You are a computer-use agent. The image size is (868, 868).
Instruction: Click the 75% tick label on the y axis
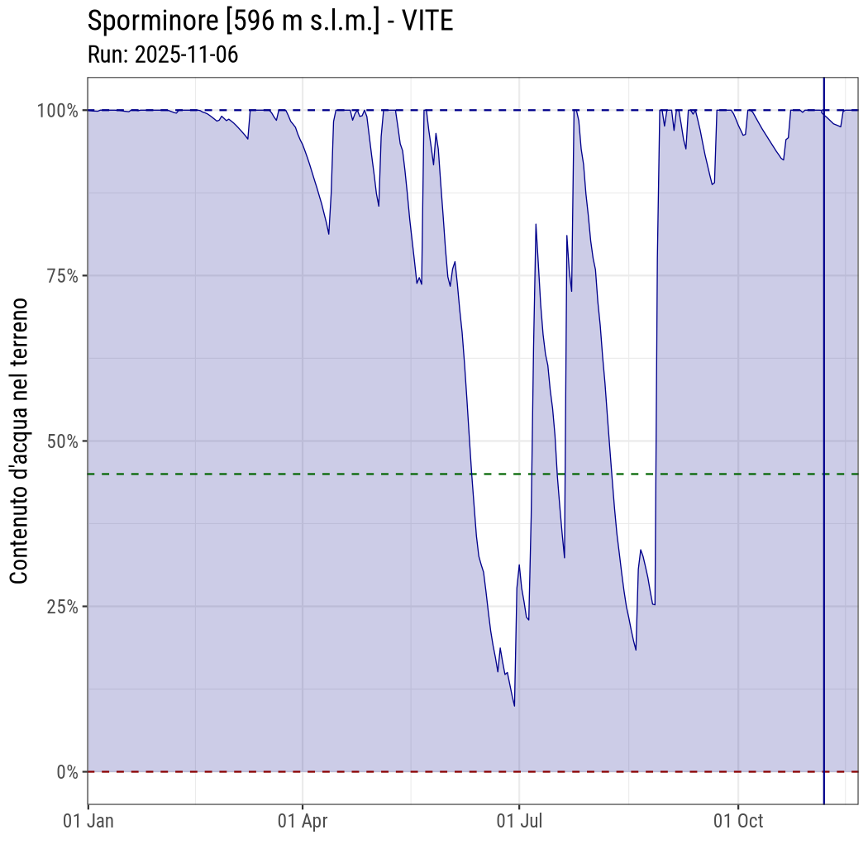[x=60, y=275]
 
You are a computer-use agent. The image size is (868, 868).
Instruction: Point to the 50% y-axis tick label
[x=60, y=441]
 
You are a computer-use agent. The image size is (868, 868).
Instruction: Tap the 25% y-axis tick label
[x=60, y=606]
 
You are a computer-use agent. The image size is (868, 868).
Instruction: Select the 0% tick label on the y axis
[x=66, y=771]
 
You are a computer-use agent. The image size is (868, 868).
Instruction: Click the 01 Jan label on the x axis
[x=88, y=821]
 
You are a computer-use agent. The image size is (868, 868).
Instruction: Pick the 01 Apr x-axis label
[x=303, y=821]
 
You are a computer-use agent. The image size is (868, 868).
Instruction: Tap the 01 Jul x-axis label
[x=518, y=821]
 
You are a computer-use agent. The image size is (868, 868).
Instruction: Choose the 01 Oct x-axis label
[x=737, y=821]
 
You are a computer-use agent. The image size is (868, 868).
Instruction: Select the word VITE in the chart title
[x=427, y=21]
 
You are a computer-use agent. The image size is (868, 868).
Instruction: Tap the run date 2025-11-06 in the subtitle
[x=186, y=55]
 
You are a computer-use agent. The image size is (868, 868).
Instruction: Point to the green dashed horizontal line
[x=248, y=474]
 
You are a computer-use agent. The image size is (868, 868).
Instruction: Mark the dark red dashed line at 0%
[x=248, y=771]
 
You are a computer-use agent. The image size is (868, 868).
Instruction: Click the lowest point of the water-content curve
[x=514, y=705]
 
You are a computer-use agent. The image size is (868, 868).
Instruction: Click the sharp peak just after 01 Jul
[x=536, y=224]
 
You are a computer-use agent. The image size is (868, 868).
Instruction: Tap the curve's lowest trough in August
[x=636, y=650]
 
